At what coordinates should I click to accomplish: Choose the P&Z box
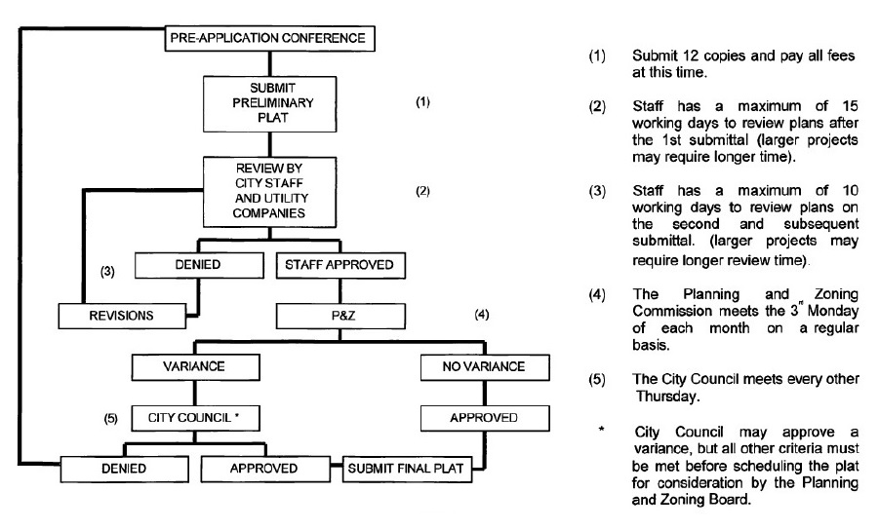pyautogui.click(x=338, y=316)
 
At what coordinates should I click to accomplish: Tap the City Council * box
pyautogui.click(x=196, y=418)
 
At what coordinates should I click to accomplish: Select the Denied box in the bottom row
pyautogui.click(x=123, y=469)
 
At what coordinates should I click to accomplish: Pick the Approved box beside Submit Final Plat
pyautogui.click(x=264, y=469)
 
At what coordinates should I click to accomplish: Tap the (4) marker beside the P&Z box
pyautogui.click(x=480, y=316)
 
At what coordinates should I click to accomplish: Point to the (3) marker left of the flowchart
pyautogui.click(x=108, y=273)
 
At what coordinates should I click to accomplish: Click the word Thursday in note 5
pyautogui.click(x=669, y=397)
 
